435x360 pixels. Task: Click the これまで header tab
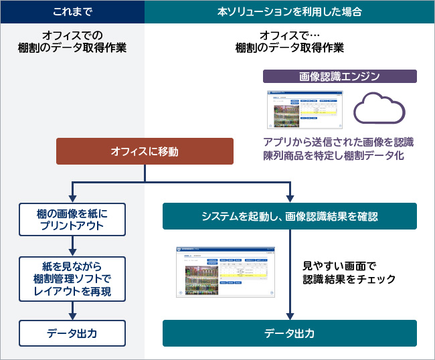coord(72,12)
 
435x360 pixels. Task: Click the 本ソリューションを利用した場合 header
coord(290,12)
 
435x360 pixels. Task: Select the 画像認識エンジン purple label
coord(340,76)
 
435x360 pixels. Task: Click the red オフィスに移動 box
coord(145,151)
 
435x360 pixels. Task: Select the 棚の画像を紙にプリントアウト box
coord(72,219)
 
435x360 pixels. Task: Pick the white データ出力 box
coord(72,332)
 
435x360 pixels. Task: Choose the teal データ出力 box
coord(290,333)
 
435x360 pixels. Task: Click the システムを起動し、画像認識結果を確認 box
coord(290,216)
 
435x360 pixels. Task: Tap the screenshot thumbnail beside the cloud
coord(303,110)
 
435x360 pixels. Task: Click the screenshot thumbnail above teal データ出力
coord(225,272)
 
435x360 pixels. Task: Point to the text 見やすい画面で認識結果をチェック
coord(348,272)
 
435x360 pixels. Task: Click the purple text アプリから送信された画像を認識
coord(339,141)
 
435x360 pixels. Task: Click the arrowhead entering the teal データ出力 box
coord(290,316)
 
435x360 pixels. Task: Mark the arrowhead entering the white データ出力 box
coord(72,316)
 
